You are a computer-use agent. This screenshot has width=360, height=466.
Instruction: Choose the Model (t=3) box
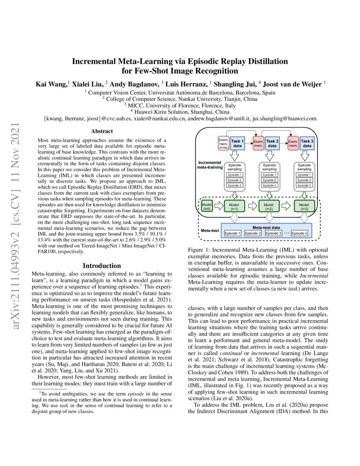pos(304,207)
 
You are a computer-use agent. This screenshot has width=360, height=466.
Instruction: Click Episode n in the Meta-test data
pos(299,233)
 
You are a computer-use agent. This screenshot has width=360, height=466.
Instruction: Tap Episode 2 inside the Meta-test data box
pos(253,233)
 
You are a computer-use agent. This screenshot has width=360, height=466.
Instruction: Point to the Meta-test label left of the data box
pos(208,230)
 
